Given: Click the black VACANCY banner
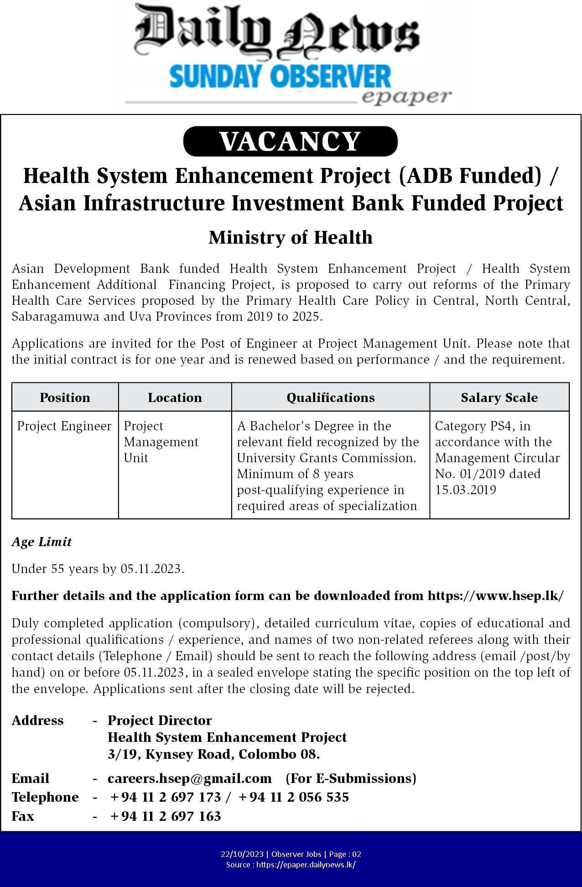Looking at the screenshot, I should point(290,141).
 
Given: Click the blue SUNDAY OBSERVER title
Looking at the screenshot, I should point(280,76).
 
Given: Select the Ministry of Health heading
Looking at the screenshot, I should point(291,238).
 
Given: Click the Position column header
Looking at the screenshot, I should point(65,397).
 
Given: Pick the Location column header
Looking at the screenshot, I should point(175,397).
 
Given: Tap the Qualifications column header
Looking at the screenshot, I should point(330,397).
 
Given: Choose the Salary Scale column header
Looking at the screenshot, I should point(499,397).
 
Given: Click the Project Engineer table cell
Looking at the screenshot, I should point(64,426).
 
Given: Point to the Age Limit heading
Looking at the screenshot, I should point(42,542).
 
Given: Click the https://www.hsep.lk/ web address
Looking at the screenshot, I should point(495,596).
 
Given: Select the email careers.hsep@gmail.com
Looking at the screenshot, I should point(189,778).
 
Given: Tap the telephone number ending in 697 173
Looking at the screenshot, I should point(166,797).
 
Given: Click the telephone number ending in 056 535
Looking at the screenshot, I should point(293,797).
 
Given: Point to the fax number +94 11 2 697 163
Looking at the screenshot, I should point(166,816).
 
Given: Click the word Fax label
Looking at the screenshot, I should point(23,816).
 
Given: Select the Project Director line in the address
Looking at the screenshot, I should point(160,720).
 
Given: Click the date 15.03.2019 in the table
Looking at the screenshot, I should point(465,490).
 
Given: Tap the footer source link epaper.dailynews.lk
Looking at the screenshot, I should point(306,865).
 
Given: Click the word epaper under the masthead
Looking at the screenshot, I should point(405,97).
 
